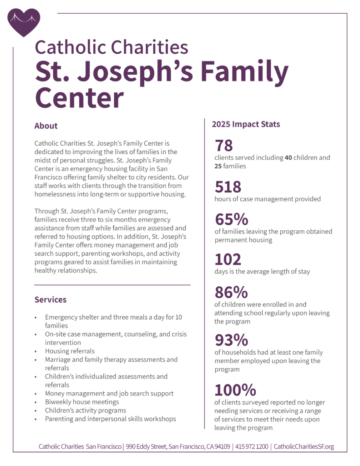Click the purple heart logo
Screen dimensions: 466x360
(24, 22)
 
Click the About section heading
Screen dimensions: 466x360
(46, 126)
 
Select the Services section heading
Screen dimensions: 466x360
(51, 299)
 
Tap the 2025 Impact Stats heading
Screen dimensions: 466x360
(246, 124)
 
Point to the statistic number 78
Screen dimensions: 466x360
(224, 146)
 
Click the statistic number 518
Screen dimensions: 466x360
(228, 187)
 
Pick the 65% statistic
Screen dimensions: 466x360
(232, 219)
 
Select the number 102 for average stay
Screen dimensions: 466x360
(228, 259)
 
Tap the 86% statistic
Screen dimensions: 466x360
(232, 292)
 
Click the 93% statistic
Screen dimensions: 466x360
(232, 340)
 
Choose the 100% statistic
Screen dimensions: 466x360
(235, 390)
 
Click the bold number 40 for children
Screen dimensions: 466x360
(288, 158)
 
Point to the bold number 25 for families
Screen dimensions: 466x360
(218, 166)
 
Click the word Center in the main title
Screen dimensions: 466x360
(80, 97)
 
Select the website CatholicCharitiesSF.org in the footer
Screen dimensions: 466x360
(304, 446)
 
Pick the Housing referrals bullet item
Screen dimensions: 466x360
(70, 351)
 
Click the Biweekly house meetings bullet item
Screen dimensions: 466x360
(82, 402)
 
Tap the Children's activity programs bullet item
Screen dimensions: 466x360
(86, 410)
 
